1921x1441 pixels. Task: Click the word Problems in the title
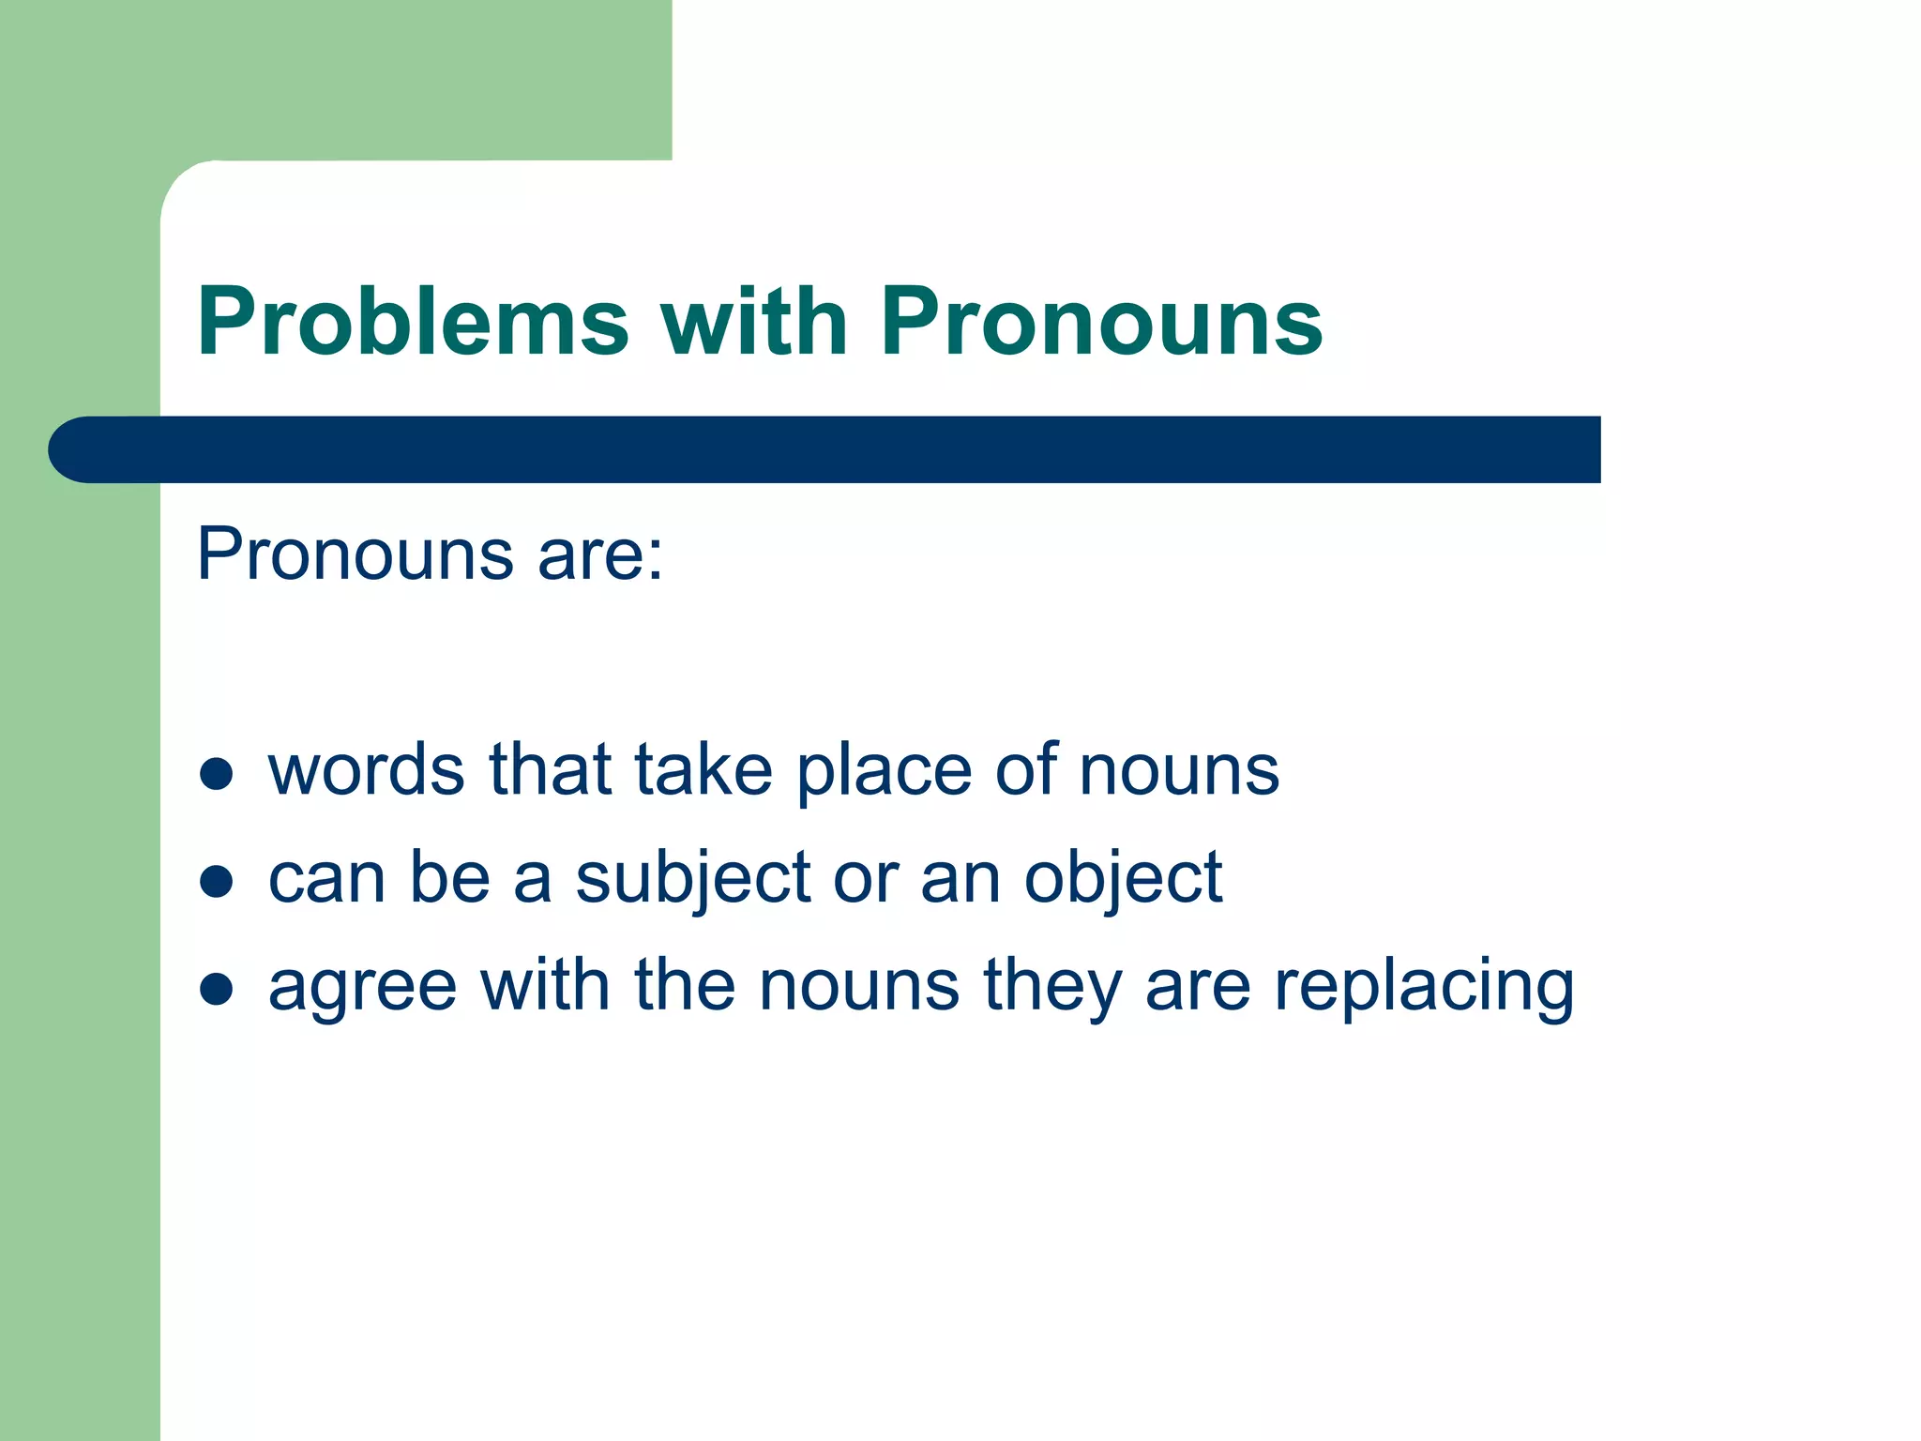click(x=413, y=322)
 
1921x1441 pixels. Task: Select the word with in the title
click(x=754, y=322)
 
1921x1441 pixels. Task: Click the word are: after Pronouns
click(x=600, y=555)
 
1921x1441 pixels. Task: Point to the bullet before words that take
click(x=217, y=773)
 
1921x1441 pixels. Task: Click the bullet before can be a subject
click(x=217, y=881)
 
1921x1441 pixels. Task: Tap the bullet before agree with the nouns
click(x=217, y=988)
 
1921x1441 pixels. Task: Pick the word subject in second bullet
click(x=692, y=879)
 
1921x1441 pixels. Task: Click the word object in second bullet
click(x=1123, y=879)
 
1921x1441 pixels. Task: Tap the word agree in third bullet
click(x=362, y=987)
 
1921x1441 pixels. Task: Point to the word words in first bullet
click(x=366, y=769)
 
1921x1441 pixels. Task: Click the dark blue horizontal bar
click(x=844, y=449)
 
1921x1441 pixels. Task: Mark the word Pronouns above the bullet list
click(x=355, y=555)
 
